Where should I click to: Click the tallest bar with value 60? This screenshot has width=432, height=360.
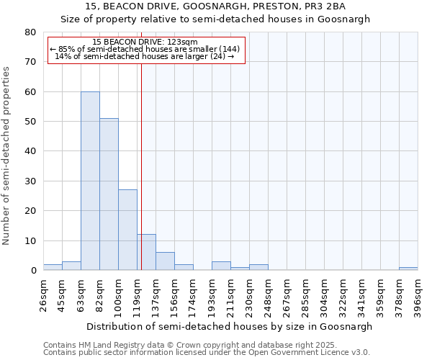pos(90,181)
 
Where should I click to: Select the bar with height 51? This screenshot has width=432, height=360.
pos(109,194)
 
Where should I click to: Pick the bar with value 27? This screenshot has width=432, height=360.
pos(127,230)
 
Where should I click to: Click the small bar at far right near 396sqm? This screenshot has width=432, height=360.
pos(408,269)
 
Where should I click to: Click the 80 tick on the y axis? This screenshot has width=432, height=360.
pos(30,32)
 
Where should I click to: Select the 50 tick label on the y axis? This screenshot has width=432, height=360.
pos(30,122)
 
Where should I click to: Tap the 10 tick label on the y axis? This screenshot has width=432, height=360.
pos(30,240)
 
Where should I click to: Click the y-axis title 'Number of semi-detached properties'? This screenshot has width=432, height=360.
pos(6,156)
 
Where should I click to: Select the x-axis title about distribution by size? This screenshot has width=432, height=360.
pos(229,326)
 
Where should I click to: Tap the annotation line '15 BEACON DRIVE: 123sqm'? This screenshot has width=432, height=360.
pos(140,42)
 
